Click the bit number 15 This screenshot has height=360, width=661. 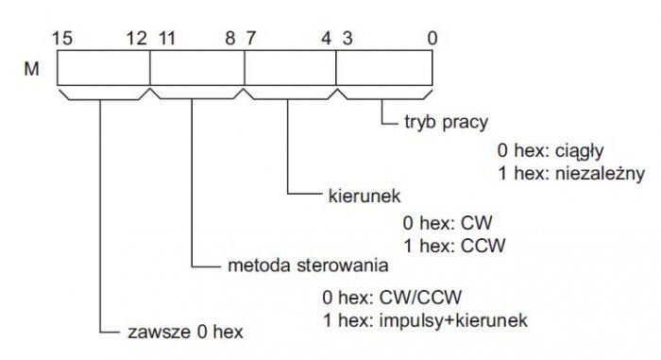(62, 39)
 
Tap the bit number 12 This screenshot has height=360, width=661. (137, 39)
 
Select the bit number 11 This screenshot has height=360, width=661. (166, 39)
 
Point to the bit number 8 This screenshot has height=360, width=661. (230, 39)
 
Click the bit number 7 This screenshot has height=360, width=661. (251, 39)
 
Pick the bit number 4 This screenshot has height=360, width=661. (327, 39)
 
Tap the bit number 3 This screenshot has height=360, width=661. (347, 39)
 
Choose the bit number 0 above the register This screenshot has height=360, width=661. (432, 39)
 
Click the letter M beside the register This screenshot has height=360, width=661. (31, 69)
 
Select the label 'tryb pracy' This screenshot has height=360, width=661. (446, 123)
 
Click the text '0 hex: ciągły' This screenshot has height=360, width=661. (551, 151)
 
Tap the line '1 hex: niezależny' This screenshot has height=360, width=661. (571, 174)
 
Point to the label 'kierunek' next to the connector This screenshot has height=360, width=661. (364, 196)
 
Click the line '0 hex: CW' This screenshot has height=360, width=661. (448, 223)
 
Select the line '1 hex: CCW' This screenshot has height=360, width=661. (454, 246)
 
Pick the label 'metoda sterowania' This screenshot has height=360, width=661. (308, 266)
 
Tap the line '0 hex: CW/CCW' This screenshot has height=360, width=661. (392, 298)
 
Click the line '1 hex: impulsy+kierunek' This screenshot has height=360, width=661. (425, 320)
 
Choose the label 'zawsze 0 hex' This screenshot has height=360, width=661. (185, 333)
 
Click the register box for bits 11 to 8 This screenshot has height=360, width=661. (197, 68)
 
